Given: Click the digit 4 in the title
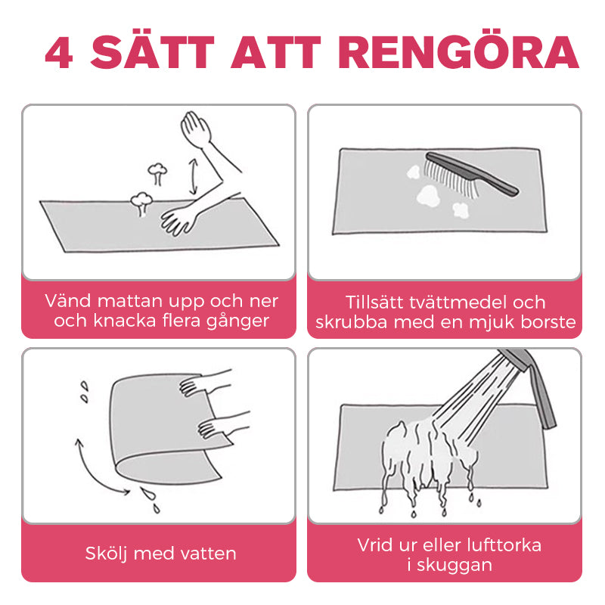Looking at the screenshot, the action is (59, 53).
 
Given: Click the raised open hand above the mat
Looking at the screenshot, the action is (196, 129).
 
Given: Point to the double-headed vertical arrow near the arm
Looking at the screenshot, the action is (193, 176).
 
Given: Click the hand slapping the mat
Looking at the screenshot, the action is (179, 221).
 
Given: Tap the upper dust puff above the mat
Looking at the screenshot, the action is (157, 173).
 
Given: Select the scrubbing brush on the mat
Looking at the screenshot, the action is (471, 175).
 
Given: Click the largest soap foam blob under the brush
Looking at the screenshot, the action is (428, 195).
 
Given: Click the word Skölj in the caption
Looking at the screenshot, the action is (107, 554).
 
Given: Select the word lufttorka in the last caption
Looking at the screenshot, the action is (504, 544).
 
